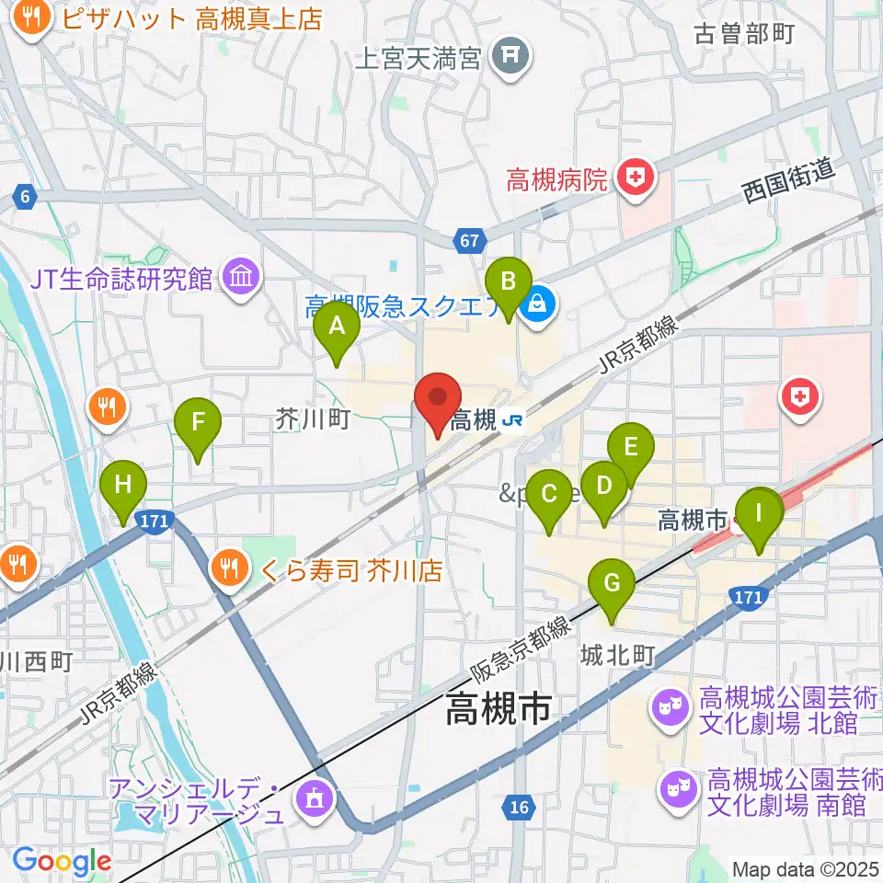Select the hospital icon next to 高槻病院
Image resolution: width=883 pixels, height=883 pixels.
click(x=635, y=178)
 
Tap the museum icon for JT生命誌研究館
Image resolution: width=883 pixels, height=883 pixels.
click(x=241, y=278)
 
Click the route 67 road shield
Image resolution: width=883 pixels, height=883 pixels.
click(x=469, y=241)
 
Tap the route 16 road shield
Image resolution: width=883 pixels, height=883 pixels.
click(x=519, y=808)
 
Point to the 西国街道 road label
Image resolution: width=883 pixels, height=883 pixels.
click(x=788, y=180)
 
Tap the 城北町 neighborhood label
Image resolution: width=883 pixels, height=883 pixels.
click(x=617, y=655)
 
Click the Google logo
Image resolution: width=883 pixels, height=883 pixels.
click(x=62, y=861)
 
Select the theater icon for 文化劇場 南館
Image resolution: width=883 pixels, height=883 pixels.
click(x=680, y=791)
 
